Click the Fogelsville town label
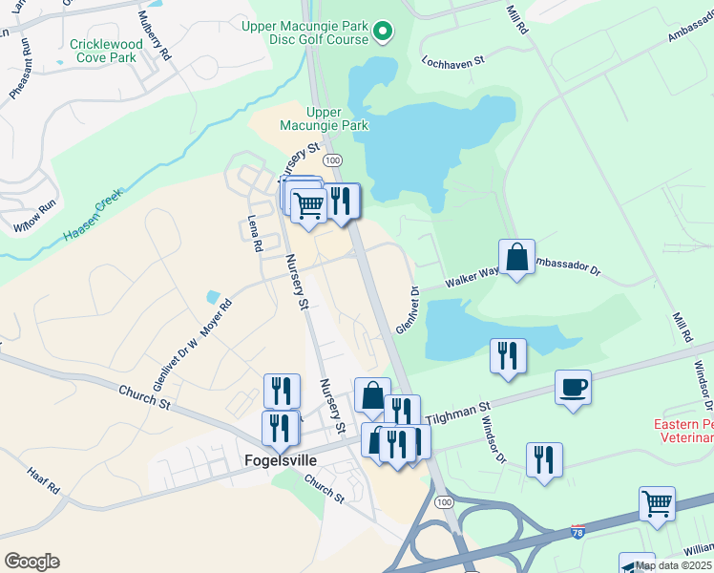pos(276,460)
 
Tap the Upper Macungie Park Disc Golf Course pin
pos(383,33)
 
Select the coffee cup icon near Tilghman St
pos(573,389)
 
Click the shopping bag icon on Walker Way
pos(516,257)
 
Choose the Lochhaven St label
pos(454,59)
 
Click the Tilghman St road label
pos(457,414)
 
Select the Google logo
pos(31,562)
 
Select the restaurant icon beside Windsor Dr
pos(544,458)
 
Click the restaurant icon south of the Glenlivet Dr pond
pos(508,355)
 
